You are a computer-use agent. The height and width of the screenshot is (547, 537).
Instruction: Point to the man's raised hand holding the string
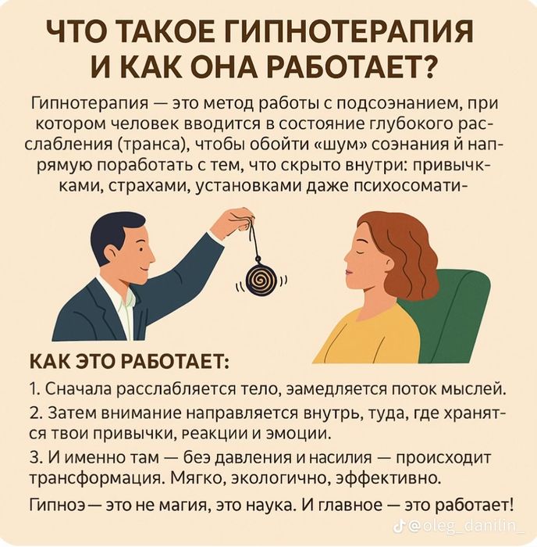coord(233,223)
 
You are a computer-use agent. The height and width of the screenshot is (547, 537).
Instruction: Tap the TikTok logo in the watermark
coord(399,527)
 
